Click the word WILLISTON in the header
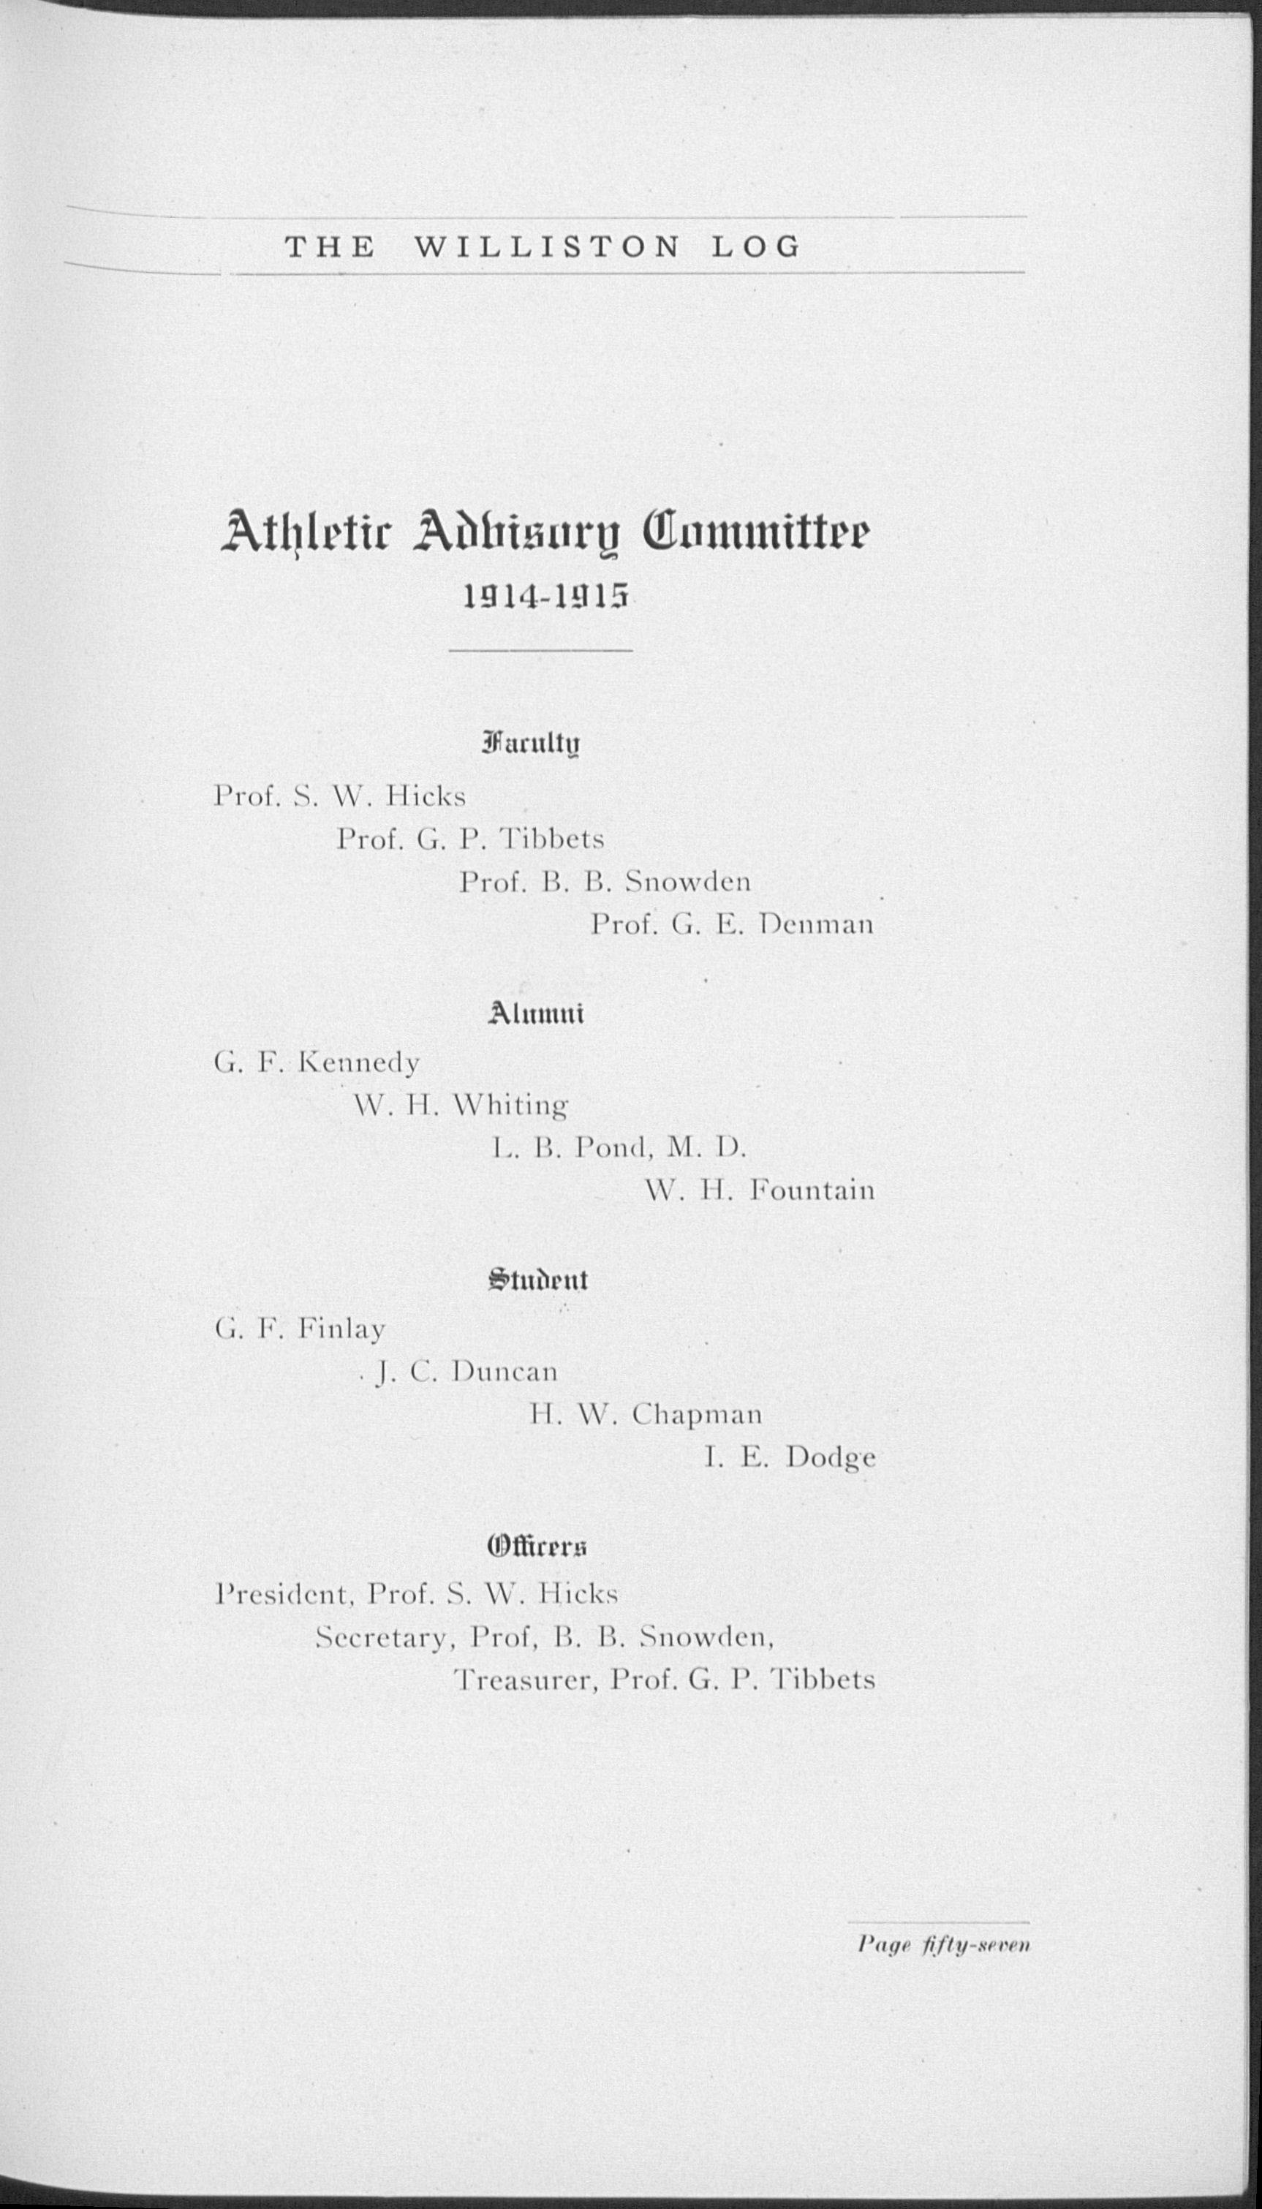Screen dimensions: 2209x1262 pos(547,248)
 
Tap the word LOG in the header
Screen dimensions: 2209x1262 pos(756,248)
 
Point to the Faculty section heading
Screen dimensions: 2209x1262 pos(529,744)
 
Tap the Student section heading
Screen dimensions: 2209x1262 pos(537,1280)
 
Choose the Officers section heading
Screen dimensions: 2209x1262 pos(537,1546)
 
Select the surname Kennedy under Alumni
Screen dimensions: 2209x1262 pos(358,1062)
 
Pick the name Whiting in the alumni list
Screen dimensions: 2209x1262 pos(510,1105)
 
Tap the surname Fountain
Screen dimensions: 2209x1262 pos(812,1190)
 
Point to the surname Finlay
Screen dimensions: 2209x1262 pos(341,1329)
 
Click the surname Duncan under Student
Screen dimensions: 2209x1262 pos(505,1371)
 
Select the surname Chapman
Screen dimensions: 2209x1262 pos(697,1414)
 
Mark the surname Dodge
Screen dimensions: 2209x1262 pos(831,1457)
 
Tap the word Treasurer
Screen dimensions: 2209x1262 pos(524,1680)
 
